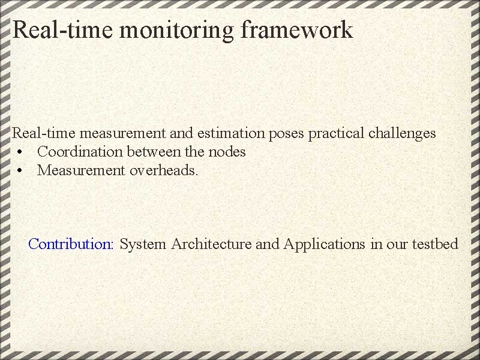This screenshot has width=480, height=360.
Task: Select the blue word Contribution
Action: coord(71,244)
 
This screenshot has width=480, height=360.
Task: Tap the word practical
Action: coord(334,133)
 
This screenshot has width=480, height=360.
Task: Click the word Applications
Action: coord(324,244)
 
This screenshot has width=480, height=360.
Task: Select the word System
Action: coord(143,244)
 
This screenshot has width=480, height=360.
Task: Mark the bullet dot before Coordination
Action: coord(20,152)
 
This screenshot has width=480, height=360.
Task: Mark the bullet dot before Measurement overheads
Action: coord(20,171)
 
